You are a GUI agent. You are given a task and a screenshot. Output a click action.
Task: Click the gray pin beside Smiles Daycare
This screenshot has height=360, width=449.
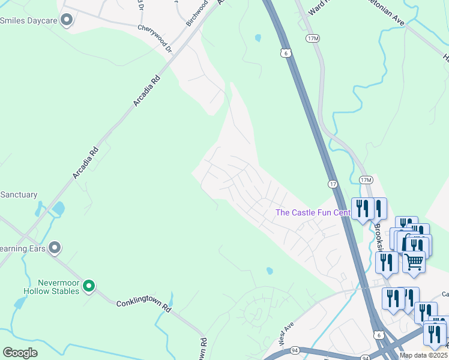coord(67,20)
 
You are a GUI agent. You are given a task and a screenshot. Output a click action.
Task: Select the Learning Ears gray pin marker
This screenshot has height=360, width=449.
coord(55,247)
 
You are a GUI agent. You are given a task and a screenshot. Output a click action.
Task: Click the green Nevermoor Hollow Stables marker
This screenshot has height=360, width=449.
coord(89,286)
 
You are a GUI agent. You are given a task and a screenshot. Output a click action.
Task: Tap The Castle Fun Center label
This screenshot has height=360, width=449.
coord(312,212)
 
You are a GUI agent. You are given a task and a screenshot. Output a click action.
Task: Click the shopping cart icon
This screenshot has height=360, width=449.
coord(414,262)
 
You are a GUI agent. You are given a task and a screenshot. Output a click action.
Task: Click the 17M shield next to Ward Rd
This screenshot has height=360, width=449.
coord(312,38)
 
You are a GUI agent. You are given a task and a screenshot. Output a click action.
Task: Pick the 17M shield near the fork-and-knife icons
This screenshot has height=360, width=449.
coord(366,180)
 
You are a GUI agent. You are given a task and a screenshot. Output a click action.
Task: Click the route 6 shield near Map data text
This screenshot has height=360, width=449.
coord(378,334)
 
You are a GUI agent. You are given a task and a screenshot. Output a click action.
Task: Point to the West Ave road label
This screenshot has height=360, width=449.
coord(285,334)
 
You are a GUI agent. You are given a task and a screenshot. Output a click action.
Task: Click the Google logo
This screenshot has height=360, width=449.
coord(20,353)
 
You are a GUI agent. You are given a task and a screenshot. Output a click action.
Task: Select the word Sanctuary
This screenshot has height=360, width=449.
coord(19,195)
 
